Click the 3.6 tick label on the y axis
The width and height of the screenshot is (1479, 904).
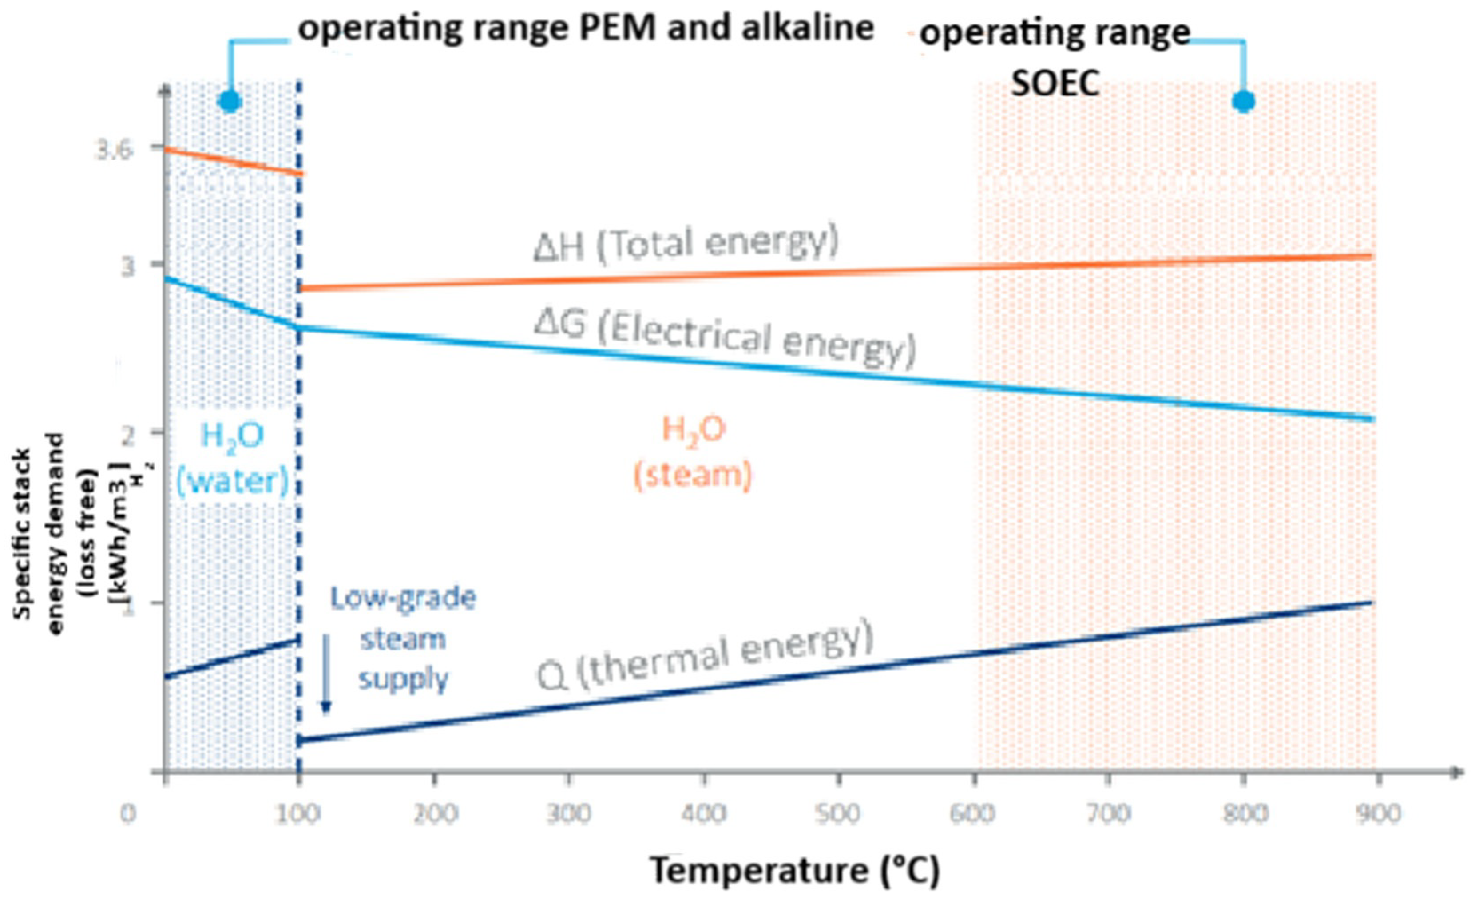[x=114, y=151]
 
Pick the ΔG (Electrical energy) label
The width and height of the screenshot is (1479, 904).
[x=725, y=339]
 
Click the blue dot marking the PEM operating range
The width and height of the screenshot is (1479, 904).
[x=230, y=101]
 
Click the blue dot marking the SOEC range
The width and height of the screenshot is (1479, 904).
[x=1244, y=101]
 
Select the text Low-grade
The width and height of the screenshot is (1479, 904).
[x=403, y=599]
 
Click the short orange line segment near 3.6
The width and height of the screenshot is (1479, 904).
[x=234, y=161]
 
